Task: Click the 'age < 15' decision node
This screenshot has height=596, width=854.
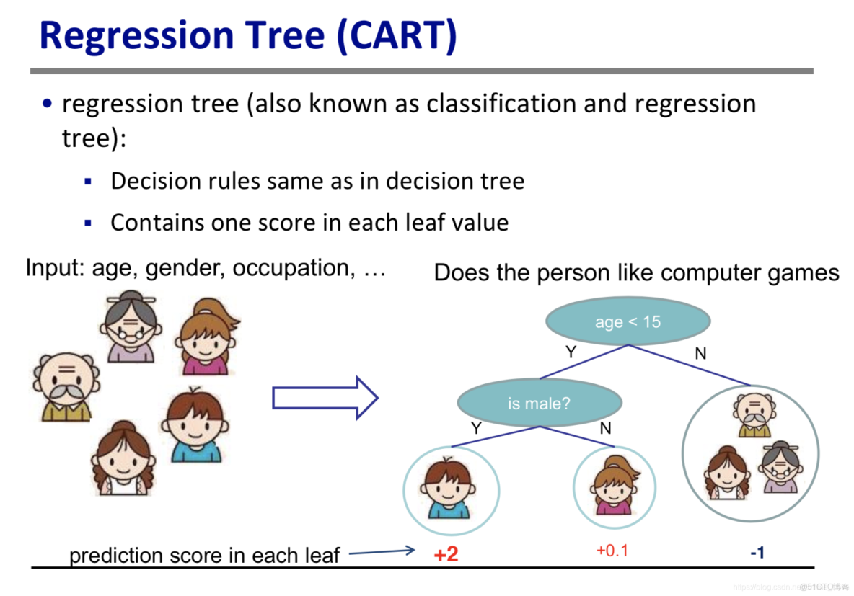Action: (628, 321)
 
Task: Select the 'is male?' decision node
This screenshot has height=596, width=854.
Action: (540, 403)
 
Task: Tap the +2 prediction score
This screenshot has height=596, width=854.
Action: (446, 555)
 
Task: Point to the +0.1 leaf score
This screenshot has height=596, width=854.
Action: (612, 551)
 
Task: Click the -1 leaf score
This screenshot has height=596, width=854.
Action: (757, 553)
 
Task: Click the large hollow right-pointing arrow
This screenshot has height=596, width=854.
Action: (325, 398)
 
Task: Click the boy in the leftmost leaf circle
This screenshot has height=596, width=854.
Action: (448, 488)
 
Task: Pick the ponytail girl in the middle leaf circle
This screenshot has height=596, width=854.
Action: (615, 486)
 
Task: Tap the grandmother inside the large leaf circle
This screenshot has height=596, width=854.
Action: (781, 467)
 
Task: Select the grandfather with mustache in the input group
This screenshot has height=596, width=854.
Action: (66, 387)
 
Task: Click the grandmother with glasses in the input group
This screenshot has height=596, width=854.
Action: (131, 326)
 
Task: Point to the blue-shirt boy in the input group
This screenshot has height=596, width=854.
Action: (195, 425)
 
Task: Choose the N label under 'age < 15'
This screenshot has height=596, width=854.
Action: (700, 354)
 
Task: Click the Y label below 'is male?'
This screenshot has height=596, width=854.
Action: (477, 428)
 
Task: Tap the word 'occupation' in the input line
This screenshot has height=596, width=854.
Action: (291, 268)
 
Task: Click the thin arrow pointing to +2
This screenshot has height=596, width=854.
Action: (382, 552)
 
